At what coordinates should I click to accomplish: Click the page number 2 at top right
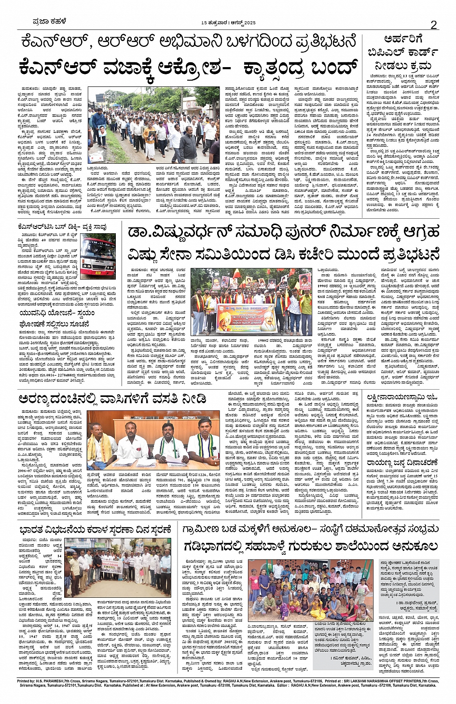[433, 25]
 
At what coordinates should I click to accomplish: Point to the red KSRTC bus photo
[97, 257]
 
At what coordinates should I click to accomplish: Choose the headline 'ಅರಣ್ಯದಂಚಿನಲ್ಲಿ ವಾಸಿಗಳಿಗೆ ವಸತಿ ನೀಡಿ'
[112, 399]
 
